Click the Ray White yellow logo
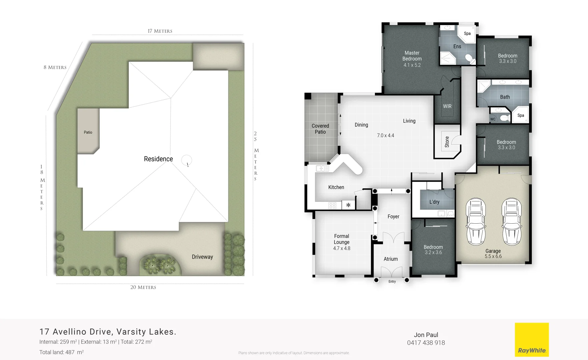[532, 339]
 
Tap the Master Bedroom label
[412, 56]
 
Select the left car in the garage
[476, 221]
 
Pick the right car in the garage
[512, 221]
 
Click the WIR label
[447, 106]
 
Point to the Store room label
[447, 142]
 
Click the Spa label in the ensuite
[467, 33]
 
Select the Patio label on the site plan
[88, 132]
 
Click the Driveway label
[202, 257]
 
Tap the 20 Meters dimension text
[143, 287]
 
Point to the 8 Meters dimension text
[55, 67]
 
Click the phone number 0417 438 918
[426, 343]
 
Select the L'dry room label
[434, 202]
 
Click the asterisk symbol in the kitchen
[348, 205]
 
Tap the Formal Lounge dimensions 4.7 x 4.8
[342, 248]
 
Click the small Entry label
[392, 282]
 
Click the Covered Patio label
[320, 129]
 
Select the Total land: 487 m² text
[61, 352]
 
